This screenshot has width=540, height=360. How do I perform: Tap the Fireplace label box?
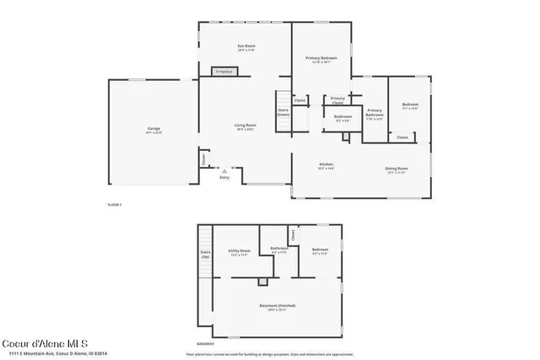224,72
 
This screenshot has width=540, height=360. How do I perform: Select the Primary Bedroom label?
321,58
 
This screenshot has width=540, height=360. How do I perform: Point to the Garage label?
154,129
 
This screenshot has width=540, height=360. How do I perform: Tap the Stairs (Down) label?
283,111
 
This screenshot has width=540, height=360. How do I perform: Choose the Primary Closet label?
338,100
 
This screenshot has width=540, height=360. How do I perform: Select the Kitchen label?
326,164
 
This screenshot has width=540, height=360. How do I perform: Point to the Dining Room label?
397,169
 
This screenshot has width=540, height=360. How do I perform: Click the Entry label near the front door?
224,177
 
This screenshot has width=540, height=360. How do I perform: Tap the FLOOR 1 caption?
115,205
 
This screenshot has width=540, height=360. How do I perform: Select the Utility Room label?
240,251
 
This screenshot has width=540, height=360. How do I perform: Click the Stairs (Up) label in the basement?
205,254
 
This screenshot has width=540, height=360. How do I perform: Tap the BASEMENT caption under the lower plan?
206,344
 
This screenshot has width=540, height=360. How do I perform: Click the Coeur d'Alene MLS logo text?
45,342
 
